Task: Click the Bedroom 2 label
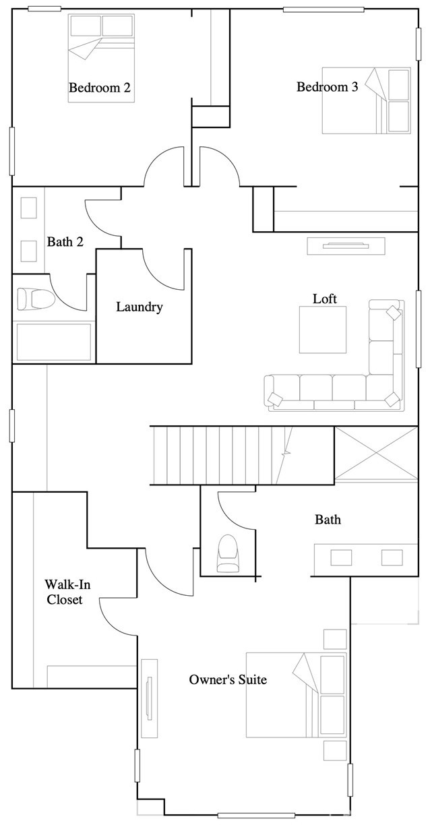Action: [99, 88]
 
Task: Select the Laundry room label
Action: [140, 307]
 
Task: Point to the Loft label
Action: [324, 299]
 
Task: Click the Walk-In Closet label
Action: [64, 590]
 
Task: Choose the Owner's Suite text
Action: [228, 679]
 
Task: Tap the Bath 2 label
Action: [65, 241]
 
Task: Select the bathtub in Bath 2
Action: [53, 342]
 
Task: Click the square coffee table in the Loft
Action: [323, 330]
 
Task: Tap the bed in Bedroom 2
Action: [100, 58]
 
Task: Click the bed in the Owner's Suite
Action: [297, 694]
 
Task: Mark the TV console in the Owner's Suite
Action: [149, 698]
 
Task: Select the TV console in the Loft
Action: [346, 246]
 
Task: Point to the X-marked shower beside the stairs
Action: [376, 454]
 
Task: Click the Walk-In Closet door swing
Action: [118, 615]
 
